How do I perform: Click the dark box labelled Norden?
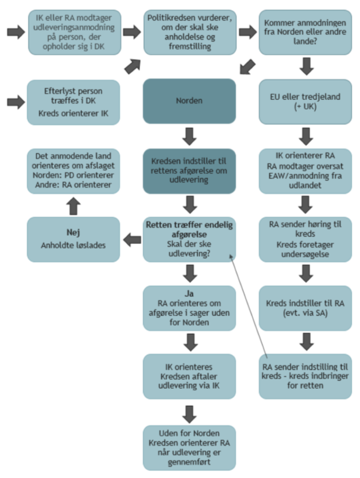click(189, 101)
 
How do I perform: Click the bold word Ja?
click(189, 293)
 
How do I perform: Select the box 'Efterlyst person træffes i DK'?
click(74, 102)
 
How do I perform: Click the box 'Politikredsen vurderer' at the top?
click(189, 32)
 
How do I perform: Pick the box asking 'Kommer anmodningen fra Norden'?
click(305, 32)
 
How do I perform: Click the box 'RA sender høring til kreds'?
click(305, 238)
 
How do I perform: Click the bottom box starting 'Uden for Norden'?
click(189, 447)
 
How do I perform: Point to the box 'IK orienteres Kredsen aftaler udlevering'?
click(189, 376)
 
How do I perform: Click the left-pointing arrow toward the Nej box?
click(132, 238)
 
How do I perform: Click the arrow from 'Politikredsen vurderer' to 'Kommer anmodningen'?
click(247, 32)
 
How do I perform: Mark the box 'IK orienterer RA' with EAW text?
click(305, 170)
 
